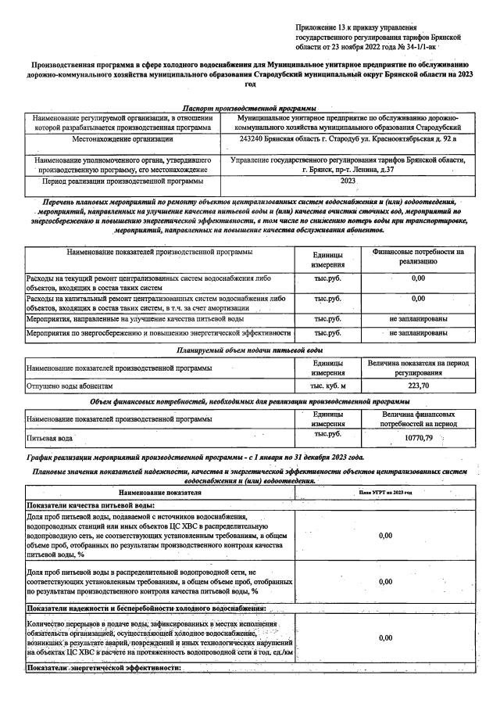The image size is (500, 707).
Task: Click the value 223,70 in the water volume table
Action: (419, 386)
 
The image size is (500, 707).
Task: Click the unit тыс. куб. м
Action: (328, 386)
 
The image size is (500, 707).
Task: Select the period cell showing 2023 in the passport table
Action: (348, 180)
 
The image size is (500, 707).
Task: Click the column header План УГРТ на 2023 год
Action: (385, 493)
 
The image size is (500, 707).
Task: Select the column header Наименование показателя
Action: (160, 493)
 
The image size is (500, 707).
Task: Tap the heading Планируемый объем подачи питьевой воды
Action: (249, 350)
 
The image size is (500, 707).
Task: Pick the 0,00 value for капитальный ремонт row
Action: (418, 298)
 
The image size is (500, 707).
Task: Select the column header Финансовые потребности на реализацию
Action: (418, 257)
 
